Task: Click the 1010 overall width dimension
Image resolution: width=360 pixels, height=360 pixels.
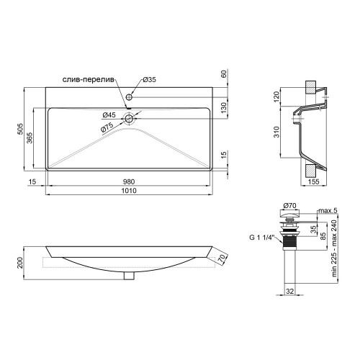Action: pyautogui.click(x=129, y=191)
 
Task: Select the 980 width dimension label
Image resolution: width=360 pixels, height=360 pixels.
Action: pyautogui.click(x=129, y=182)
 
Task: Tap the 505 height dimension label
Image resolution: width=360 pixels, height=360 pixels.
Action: pyautogui.click(x=21, y=129)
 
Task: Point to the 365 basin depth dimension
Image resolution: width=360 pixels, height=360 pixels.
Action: pyautogui.click(x=30, y=138)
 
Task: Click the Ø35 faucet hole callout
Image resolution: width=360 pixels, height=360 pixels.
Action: pyautogui.click(x=149, y=79)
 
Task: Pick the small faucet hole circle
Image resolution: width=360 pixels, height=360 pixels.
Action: pyautogui.click(x=129, y=97)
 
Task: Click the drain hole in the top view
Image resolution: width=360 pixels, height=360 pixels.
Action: pyautogui.click(x=129, y=118)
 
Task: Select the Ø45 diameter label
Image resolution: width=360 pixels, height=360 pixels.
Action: pyautogui.click(x=109, y=115)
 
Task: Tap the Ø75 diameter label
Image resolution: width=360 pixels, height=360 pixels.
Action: pyautogui.click(x=107, y=127)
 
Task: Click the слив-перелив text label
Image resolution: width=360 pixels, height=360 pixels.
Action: pyautogui.click(x=89, y=80)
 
